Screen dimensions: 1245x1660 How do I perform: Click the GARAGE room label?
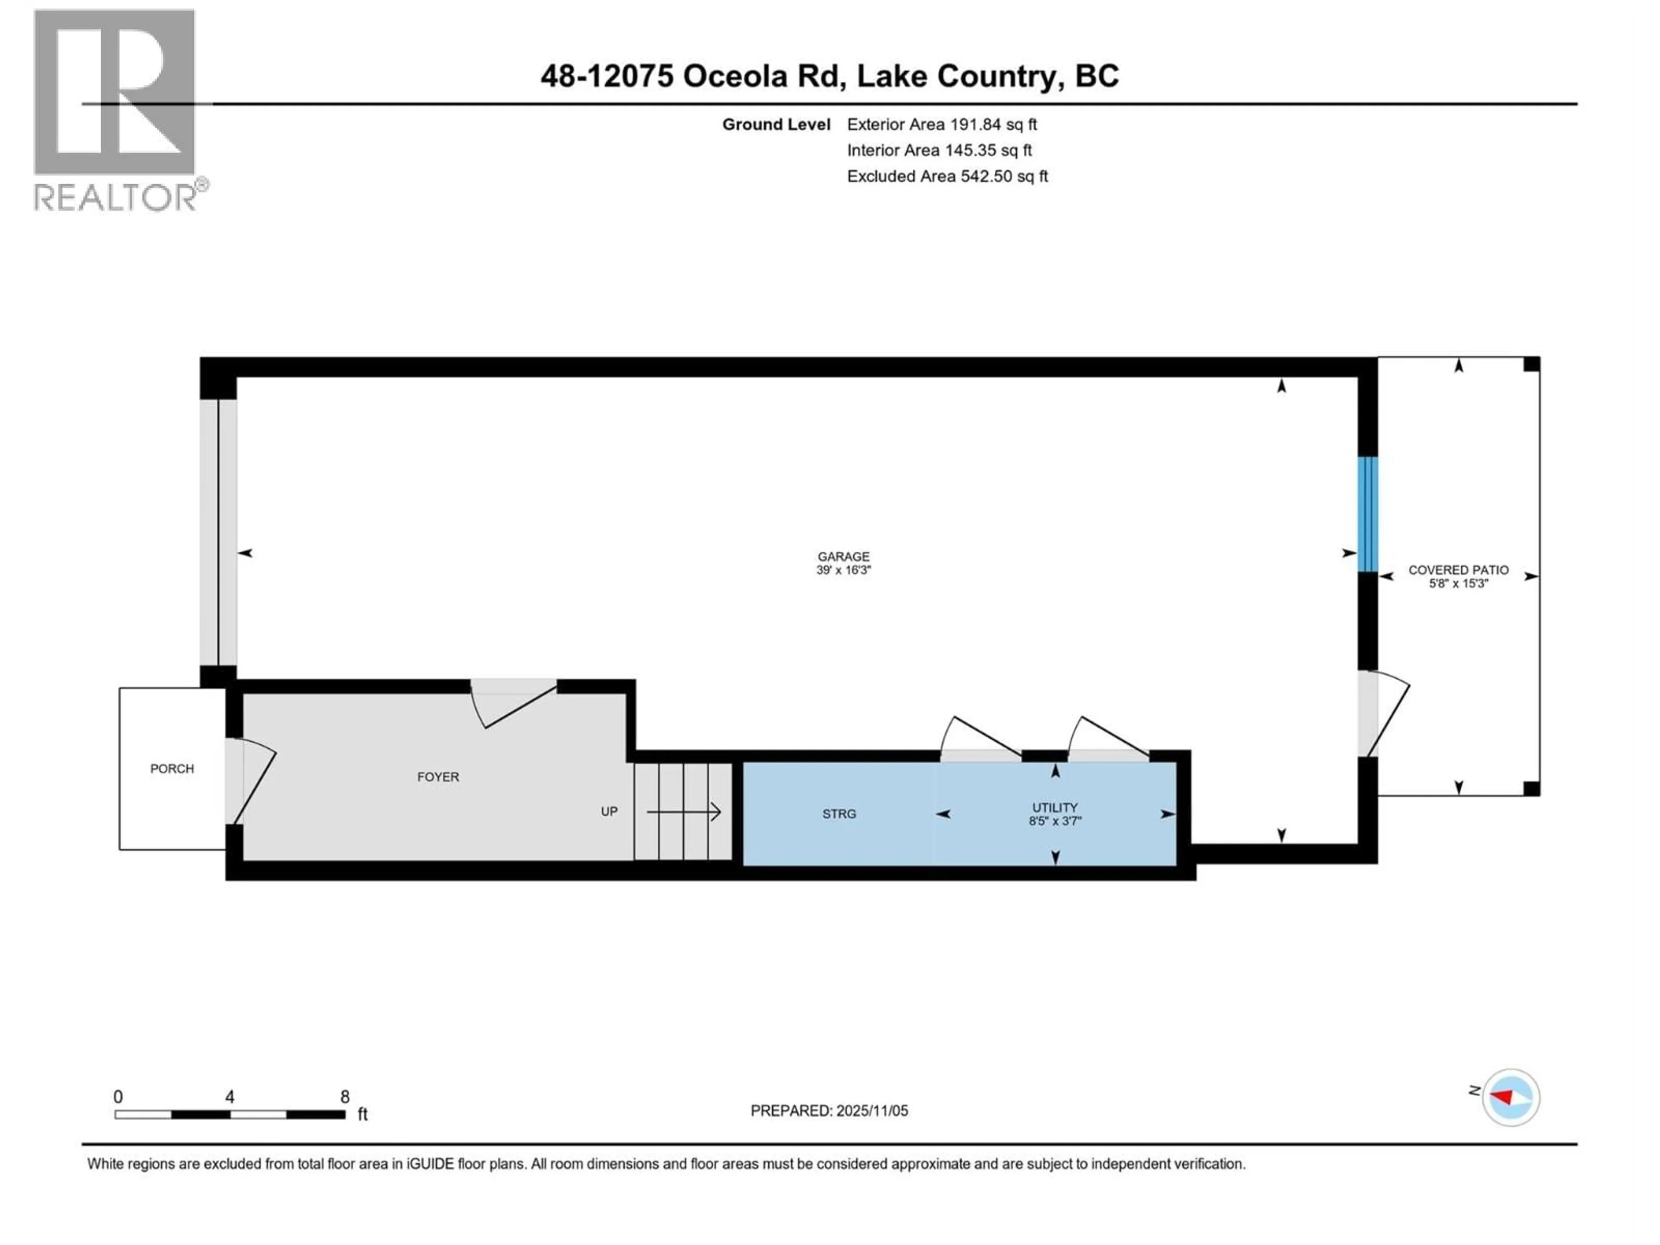point(843,556)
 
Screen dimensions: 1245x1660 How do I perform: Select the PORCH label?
point(172,769)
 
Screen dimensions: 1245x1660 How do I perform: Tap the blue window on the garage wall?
point(1367,514)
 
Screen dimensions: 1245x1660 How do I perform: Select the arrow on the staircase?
point(683,811)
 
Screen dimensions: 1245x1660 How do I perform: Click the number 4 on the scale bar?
point(230,1096)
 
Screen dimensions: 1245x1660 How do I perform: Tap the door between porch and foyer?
point(250,780)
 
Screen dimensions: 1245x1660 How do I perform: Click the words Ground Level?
point(776,124)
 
